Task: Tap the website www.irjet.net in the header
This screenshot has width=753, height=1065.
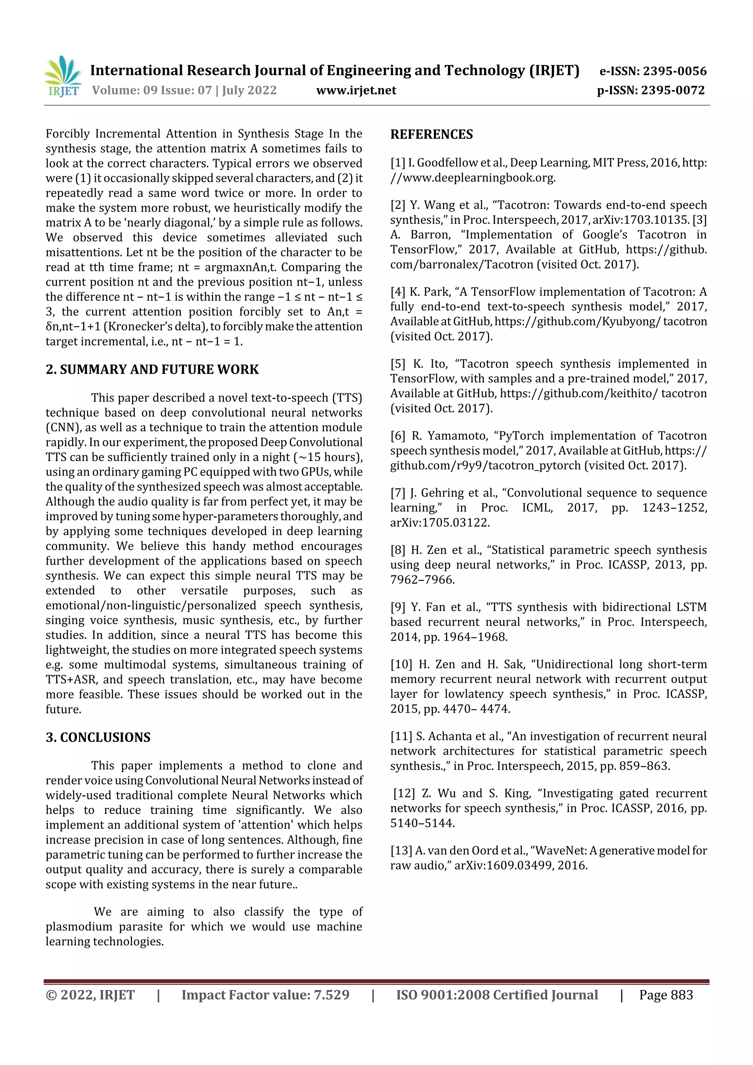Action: (356, 90)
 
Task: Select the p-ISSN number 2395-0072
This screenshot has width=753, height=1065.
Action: (673, 90)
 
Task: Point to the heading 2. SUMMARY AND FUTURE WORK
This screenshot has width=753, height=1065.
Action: (152, 370)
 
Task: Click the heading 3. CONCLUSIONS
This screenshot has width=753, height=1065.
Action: (98, 737)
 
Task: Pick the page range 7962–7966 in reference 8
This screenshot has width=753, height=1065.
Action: (422, 580)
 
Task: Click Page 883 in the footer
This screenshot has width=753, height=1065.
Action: (666, 995)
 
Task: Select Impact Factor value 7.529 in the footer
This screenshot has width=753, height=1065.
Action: (265, 995)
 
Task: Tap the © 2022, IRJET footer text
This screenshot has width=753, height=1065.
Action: (90, 995)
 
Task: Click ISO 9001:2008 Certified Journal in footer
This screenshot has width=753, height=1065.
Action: (497, 995)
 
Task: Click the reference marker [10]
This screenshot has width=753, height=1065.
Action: (401, 664)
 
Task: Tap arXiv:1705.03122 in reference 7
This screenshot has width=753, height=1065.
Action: (439, 523)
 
